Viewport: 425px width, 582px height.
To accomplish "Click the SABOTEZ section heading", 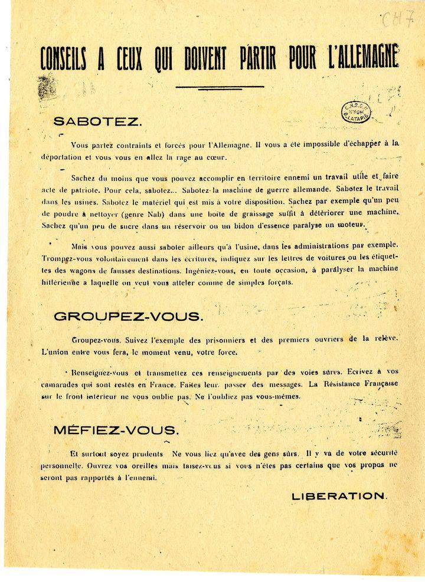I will (97, 122).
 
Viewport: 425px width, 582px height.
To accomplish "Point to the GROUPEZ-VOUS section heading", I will (128, 316).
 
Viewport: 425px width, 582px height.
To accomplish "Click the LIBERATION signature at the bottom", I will (339, 496).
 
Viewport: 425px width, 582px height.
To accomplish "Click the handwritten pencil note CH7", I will (397, 21).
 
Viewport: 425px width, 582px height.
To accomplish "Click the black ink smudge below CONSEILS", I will (47, 88).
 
